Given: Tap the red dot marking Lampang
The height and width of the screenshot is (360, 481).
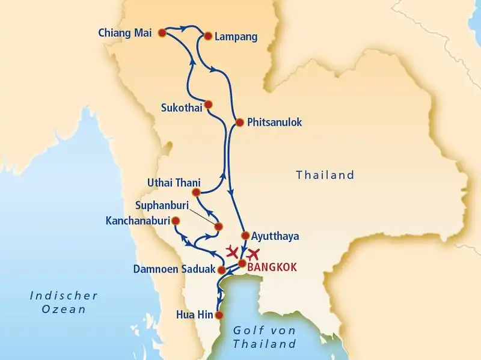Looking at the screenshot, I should coord(209,36).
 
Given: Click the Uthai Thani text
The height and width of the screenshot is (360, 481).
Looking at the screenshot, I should coord(173,182).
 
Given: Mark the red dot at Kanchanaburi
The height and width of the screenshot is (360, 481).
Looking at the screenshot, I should coord(176,221).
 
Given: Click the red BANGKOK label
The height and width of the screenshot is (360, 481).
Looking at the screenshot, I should coord(272,267).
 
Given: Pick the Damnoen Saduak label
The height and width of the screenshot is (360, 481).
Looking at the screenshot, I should coord(173,269).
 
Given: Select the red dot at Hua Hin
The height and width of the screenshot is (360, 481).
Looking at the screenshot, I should coord(219,314).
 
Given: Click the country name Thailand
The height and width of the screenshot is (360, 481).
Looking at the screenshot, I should coord(325,175).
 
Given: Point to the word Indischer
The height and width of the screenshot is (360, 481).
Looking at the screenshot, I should coord(63,295).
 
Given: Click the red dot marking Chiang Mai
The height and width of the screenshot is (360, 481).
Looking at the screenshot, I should coord(162,34).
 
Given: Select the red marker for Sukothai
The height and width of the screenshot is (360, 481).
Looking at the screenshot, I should coord(208,104).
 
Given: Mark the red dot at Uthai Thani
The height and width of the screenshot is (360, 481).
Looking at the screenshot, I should coord(195,192).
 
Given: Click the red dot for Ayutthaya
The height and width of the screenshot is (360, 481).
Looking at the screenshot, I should coord(245,235).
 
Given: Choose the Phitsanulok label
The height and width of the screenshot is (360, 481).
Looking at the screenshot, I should coord(274,123).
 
